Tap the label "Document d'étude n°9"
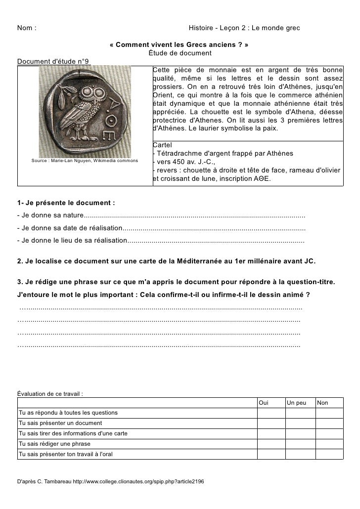coord(54,61)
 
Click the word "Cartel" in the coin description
coord(163,145)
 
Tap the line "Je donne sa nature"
coord(50,216)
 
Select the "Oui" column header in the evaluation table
coord(264,403)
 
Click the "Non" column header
coord(323,403)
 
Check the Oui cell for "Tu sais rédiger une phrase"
coord(270,443)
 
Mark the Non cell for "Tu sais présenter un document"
coord(329,423)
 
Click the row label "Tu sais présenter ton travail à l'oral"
coord(65,454)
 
